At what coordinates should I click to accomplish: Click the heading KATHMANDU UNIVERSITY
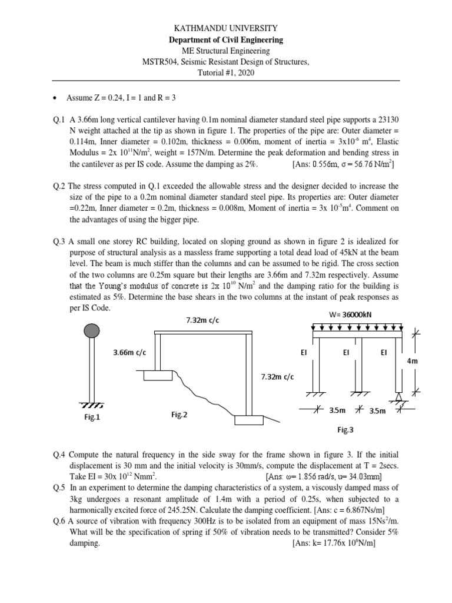click(226, 28)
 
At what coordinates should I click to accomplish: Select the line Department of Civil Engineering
click(226, 39)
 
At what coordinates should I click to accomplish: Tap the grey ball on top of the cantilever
click(91, 331)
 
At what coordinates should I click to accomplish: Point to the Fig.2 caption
click(179, 415)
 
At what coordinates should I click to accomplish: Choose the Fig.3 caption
click(345, 430)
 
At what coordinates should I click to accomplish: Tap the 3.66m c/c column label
click(129, 352)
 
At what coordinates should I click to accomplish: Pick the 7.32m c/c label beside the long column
click(277, 376)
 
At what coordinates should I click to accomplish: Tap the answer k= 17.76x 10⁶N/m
click(334, 544)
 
